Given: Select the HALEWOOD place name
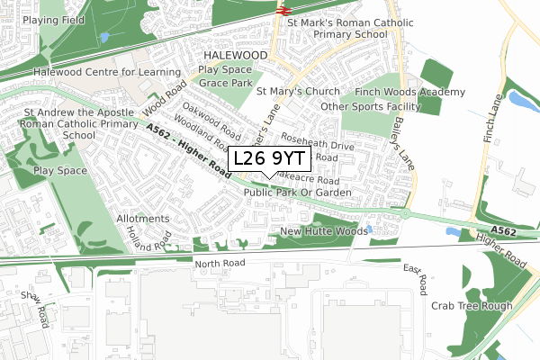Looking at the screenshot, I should [x=233, y=55].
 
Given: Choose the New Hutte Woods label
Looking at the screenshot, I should [x=323, y=231].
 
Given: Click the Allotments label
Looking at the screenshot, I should [x=142, y=219].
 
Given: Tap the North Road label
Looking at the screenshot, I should [x=220, y=264].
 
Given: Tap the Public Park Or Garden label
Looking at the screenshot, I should [x=296, y=193].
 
